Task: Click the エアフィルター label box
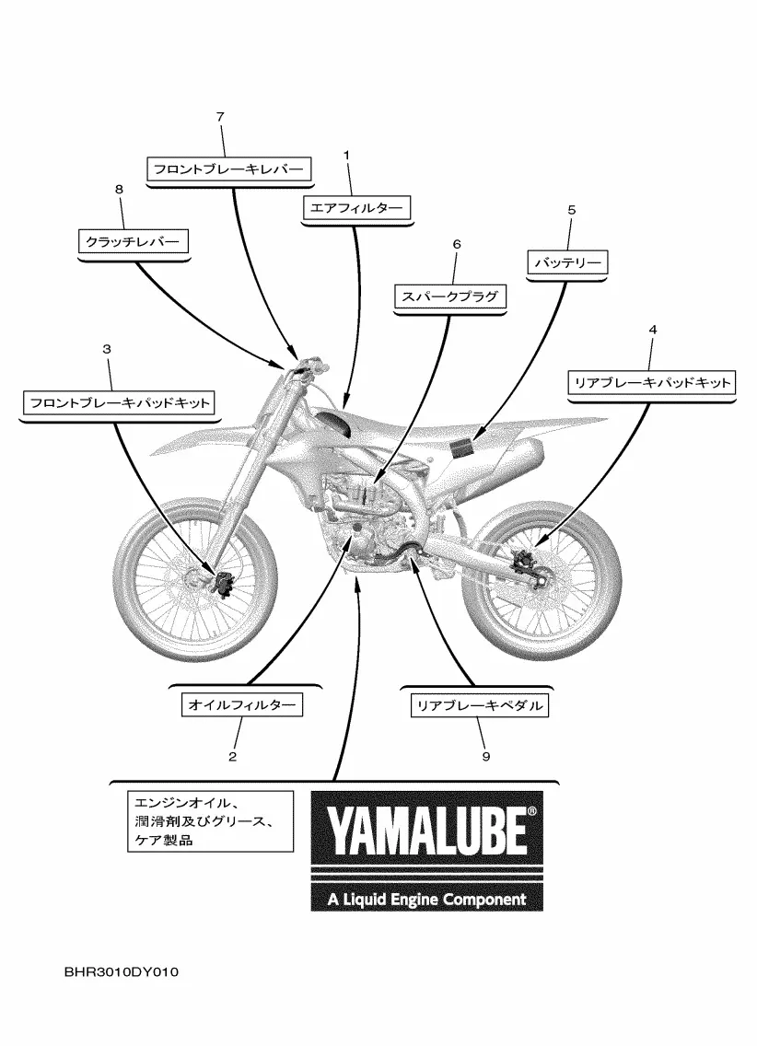356,209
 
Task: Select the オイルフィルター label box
241,705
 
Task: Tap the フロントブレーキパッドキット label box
119,402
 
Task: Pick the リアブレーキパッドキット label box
652,382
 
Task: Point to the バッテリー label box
567,262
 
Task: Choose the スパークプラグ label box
450,296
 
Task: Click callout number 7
220,117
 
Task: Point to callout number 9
485,756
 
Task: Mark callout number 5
571,210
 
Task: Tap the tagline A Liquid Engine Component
426,899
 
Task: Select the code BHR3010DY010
115,971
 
